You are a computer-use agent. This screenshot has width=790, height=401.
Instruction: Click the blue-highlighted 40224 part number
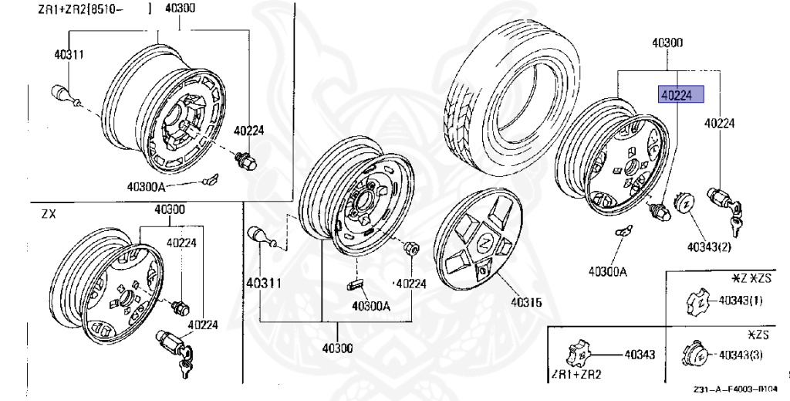point(680,94)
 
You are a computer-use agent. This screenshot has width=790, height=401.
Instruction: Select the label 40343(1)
point(741,301)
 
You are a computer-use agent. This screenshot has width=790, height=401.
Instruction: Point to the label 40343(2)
point(709,248)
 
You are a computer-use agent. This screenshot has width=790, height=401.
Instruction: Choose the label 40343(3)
point(741,355)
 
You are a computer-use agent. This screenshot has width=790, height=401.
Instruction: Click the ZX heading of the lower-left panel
point(49,214)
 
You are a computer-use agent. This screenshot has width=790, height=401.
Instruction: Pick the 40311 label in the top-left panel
point(69,54)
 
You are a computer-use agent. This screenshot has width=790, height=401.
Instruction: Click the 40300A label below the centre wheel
point(370,305)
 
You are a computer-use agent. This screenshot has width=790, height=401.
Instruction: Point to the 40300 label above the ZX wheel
point(169,209)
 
